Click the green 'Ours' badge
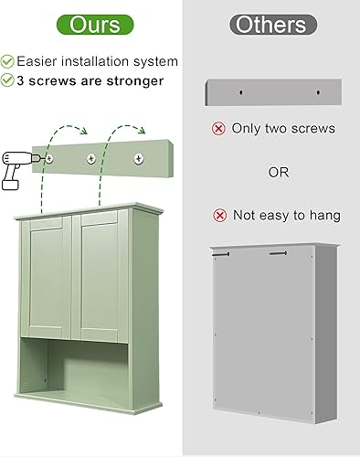(88, 24)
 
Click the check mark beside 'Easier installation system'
(7, 61)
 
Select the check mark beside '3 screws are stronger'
(7, 80)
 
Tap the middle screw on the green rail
(91, 159)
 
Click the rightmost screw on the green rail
(138, 159)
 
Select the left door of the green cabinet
(49, 278)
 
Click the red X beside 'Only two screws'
(218, 129)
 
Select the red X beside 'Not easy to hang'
(219, 216)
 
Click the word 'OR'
(279, 172)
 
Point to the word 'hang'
(324, 217)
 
